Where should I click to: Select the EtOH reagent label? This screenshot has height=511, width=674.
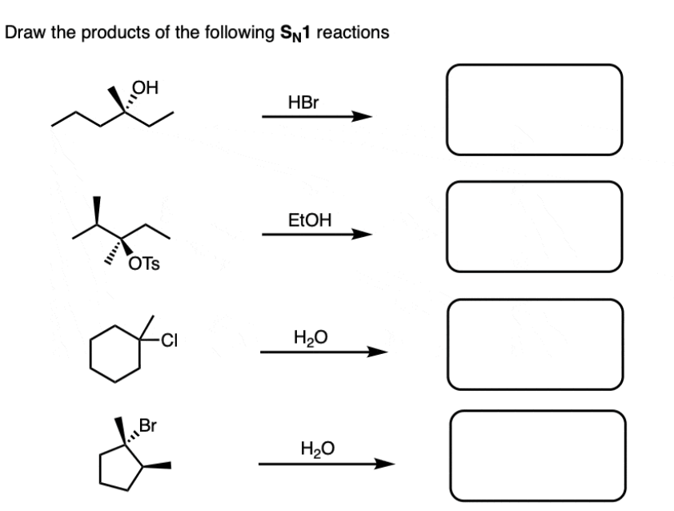(308, 219)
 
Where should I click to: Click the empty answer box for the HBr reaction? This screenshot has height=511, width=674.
(534, 110)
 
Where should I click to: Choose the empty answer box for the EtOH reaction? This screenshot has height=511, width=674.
(534, 227)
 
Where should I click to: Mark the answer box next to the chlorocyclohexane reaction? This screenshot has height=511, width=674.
(534, 345)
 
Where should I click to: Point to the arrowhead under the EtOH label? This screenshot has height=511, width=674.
(363, 235)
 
